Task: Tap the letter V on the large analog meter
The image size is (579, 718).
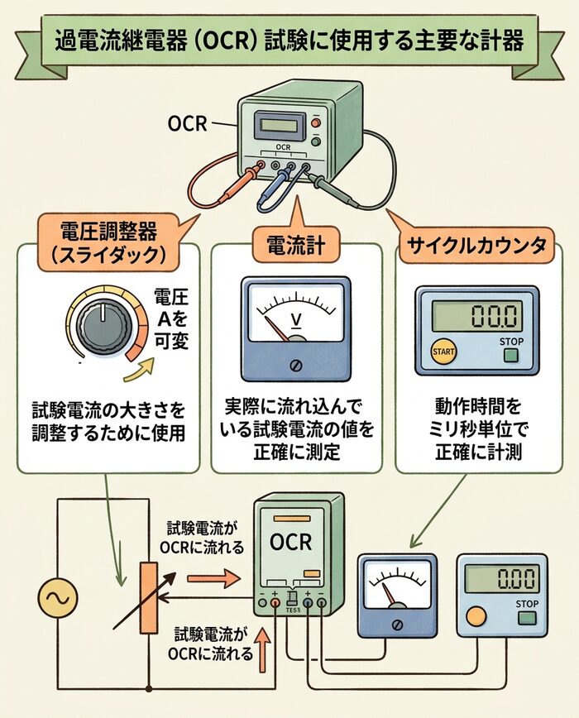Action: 295,319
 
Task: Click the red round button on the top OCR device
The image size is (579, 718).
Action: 315,123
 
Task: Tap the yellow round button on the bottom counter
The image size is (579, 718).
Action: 476,616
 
